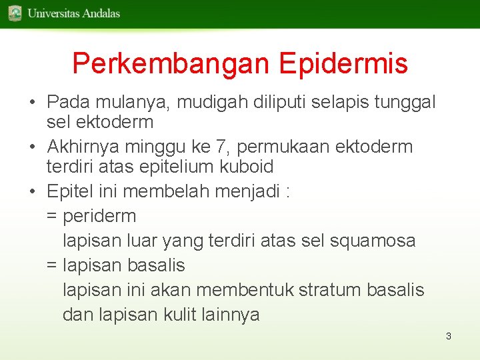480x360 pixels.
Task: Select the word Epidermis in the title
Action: tap(343, 64)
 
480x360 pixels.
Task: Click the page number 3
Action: tap(449, 336)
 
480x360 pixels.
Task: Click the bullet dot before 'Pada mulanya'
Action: tap(33, 103)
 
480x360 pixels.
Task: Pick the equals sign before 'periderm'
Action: tap(51, 217)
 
